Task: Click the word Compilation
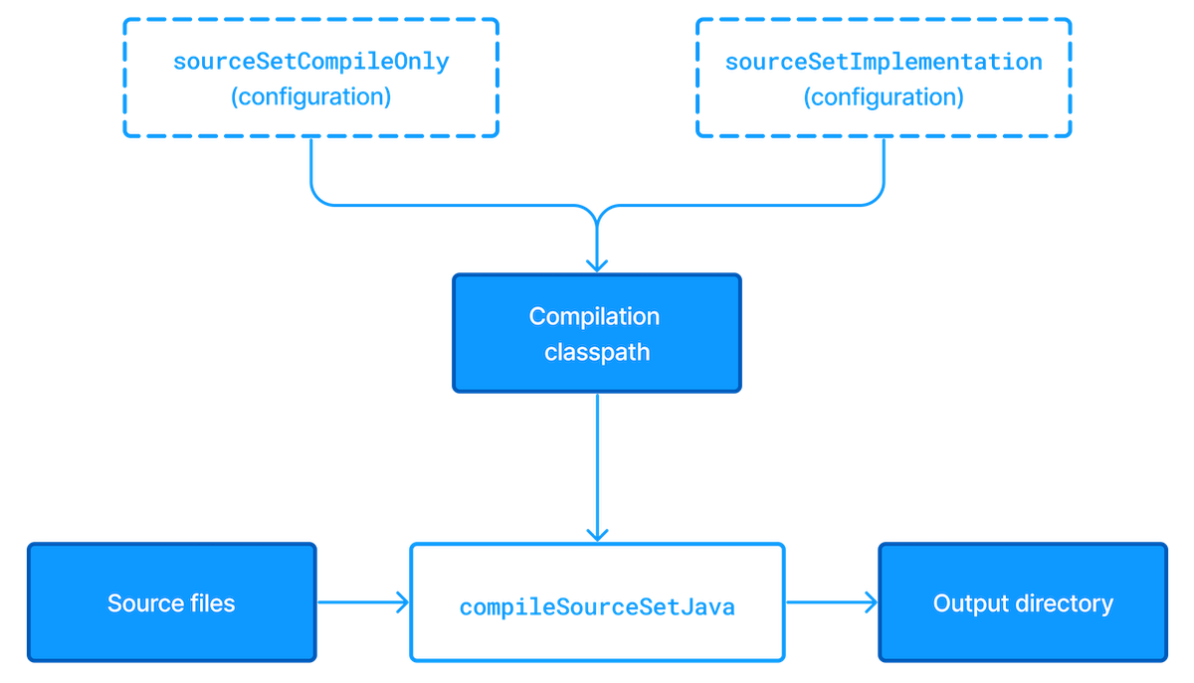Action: point(594,317)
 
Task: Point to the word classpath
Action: point(597,352)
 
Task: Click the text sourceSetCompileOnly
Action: point(311,62)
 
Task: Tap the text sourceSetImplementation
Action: point(884,62)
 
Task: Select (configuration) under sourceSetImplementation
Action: point(883,97)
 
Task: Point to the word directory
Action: point(1065,603)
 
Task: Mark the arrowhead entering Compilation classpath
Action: point(597,264)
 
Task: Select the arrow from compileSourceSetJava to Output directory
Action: point(832,601)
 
